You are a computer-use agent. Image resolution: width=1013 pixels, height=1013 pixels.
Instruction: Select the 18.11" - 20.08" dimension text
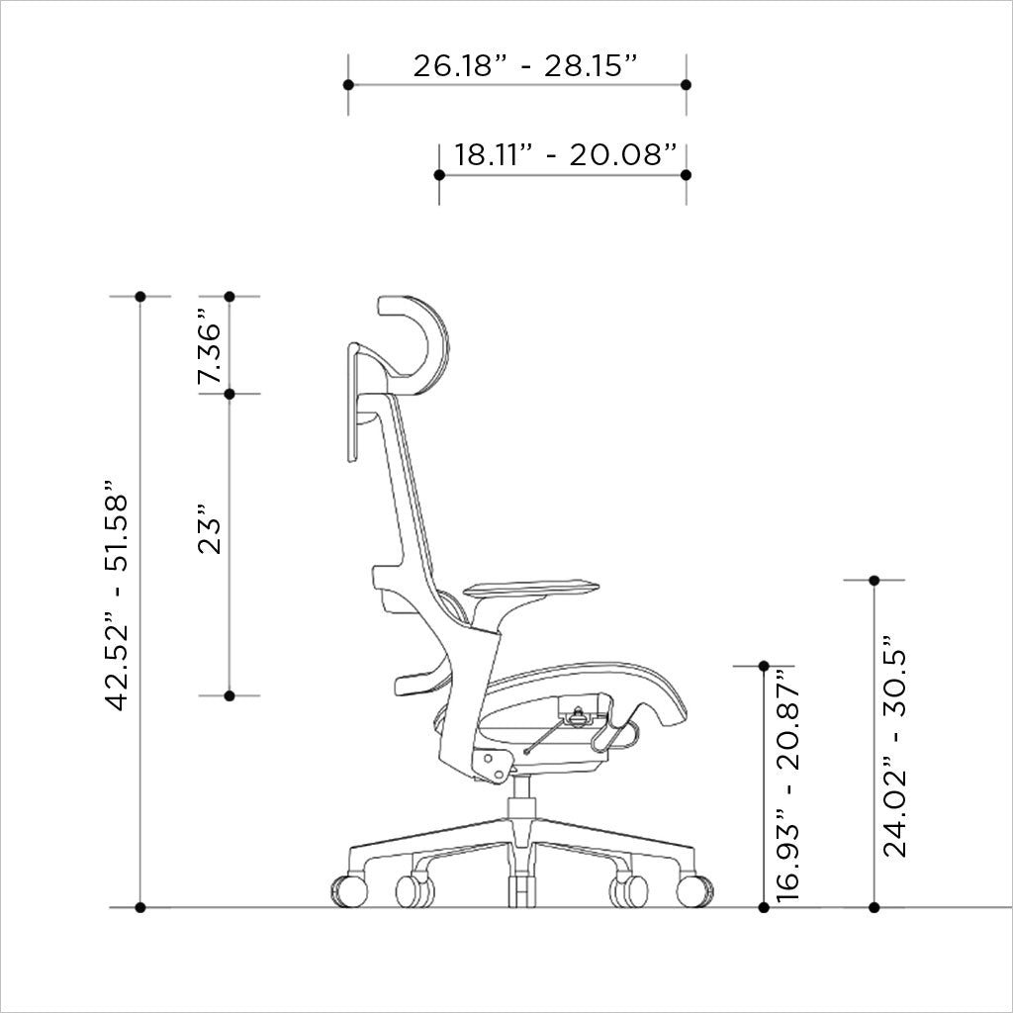(566, 155)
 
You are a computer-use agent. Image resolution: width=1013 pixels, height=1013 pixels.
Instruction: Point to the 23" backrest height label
(210, 531)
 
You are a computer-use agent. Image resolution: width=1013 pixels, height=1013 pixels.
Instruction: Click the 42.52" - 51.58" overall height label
(118, 597)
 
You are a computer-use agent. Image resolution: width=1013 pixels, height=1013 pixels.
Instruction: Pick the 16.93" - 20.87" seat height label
(787, 785)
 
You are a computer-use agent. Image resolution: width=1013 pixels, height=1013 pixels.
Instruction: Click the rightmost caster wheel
(694, 890)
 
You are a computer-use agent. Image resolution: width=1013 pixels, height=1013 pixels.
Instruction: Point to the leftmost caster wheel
(349, 890)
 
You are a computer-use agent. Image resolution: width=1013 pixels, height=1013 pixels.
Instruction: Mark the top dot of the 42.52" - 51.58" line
(140, 297)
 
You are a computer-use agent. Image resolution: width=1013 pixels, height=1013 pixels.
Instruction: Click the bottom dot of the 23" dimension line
(230, 696)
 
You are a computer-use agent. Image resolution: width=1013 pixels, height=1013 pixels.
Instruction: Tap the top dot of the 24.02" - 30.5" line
(874, 580)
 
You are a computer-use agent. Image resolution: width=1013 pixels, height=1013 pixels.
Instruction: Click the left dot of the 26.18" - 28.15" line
(348, 85)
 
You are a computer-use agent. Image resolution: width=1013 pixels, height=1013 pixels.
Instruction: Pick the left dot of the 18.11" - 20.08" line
(439, 175)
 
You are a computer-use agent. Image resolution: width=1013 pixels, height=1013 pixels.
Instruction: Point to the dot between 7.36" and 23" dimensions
(230, 394)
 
